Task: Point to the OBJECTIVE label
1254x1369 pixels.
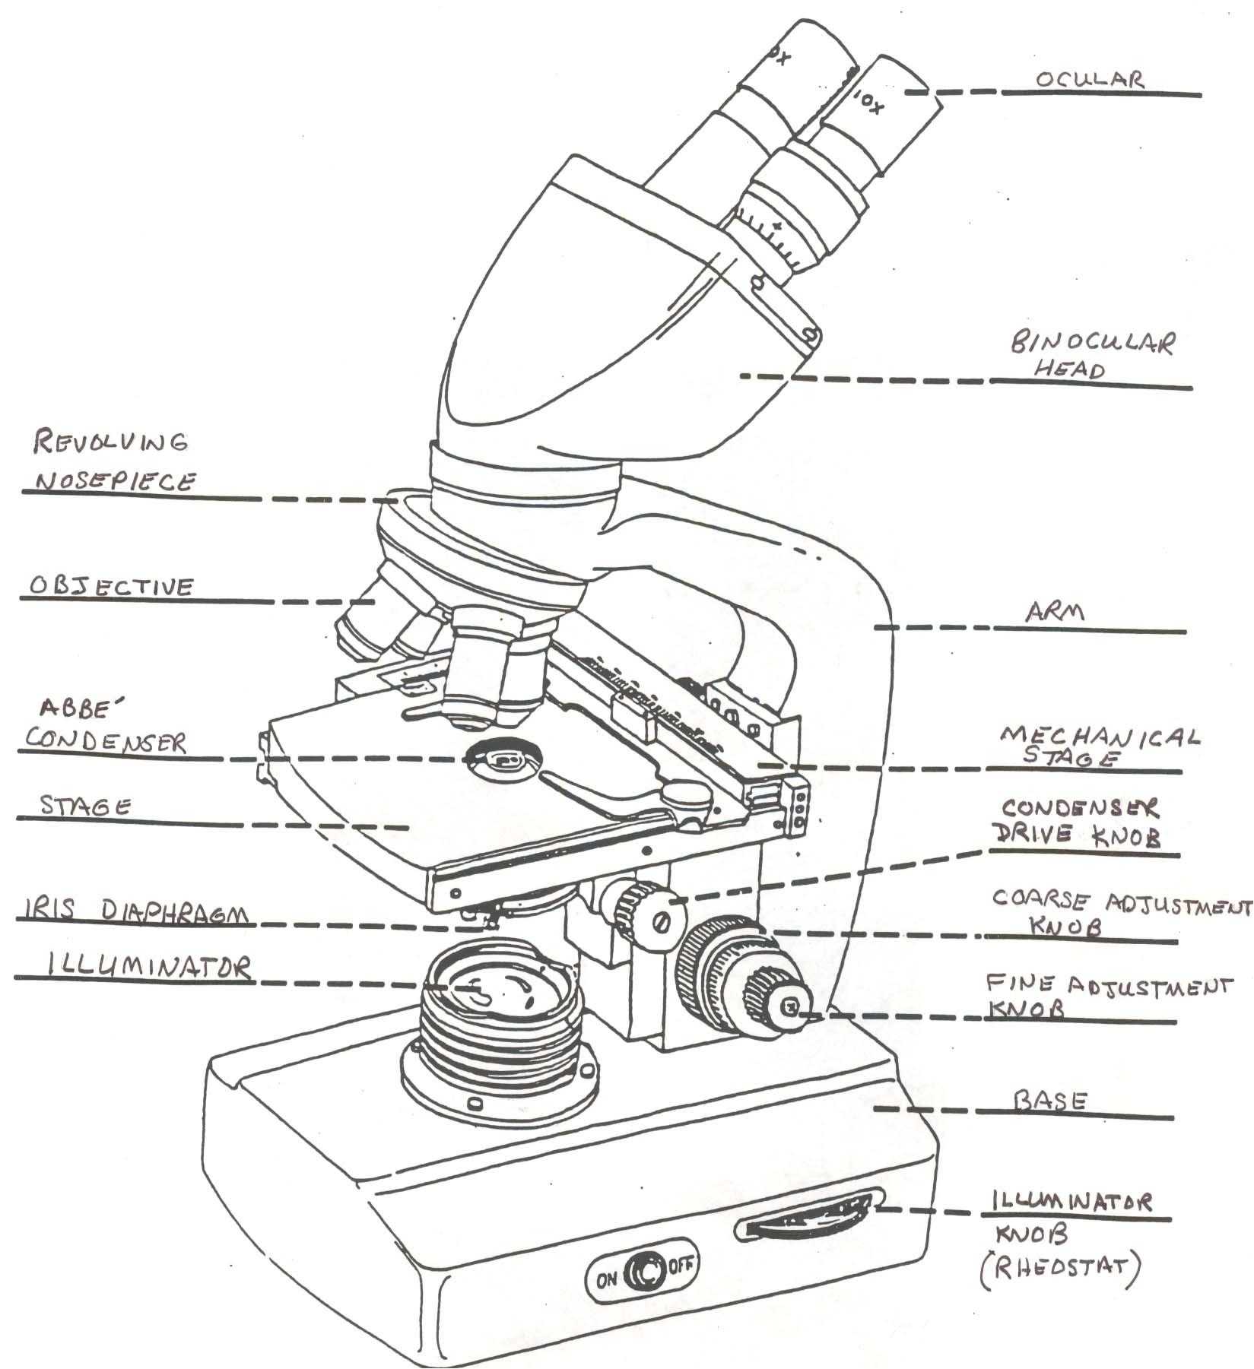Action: [111, 585]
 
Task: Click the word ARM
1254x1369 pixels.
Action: [1052, 613]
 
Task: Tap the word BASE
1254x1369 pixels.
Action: [1051, 1101]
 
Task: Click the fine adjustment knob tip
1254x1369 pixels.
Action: [791, 1008]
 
